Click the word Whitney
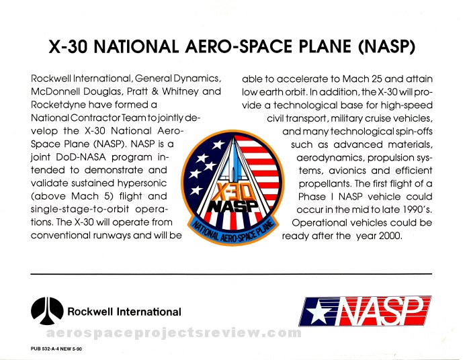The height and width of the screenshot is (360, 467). (180, 91)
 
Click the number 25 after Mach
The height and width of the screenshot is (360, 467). (376, 79)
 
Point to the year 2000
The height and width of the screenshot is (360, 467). (390, 236)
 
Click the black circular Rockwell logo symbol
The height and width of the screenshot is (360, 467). (47, 311)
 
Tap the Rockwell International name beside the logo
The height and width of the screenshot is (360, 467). (124, 312)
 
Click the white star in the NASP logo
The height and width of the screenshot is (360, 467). (318, 312)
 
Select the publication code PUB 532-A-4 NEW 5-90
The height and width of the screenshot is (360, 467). (56, 349)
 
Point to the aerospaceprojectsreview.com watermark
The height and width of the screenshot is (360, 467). (174, 332)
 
